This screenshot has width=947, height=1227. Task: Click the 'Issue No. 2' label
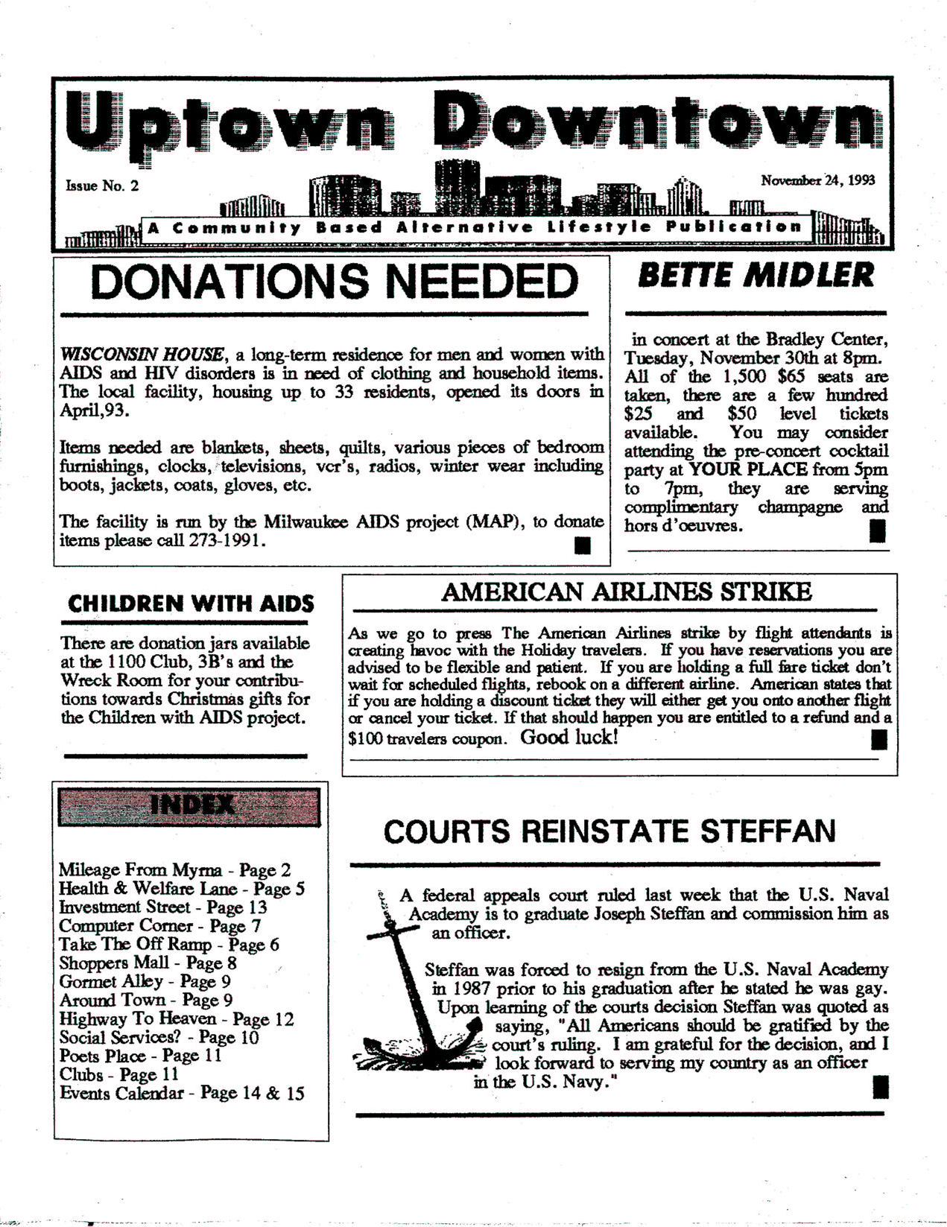pyautogui.click(x=102, y=186)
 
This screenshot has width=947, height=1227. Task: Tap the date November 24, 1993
pyautogui.click(x=817, y=180)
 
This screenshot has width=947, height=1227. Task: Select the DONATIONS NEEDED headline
pyautogui.click(x=333, y=282)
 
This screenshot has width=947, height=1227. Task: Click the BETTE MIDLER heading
pyautogui.click(x=756, y=276)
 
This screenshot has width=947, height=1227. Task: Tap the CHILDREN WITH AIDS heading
pyautogui.click(x=191, y=603)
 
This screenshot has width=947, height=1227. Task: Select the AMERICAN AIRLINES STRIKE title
pyautogui.click(x=626, y=592)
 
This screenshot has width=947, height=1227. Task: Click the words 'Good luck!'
pyautogui.click(x=568, y=738)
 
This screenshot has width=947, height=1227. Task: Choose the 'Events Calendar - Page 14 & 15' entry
pyautogui.click(x=182, y=1094)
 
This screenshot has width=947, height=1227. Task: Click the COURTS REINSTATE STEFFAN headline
pyautogui.click(x=609, y=831)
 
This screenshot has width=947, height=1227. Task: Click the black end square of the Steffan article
pyautogui.click(x=879, y=1088)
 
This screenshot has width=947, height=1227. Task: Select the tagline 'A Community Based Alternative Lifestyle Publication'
pyautogui.click(x=475, y=227)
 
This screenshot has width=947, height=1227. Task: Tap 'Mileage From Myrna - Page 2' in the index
pyautogui.click(x=174, y=870)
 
